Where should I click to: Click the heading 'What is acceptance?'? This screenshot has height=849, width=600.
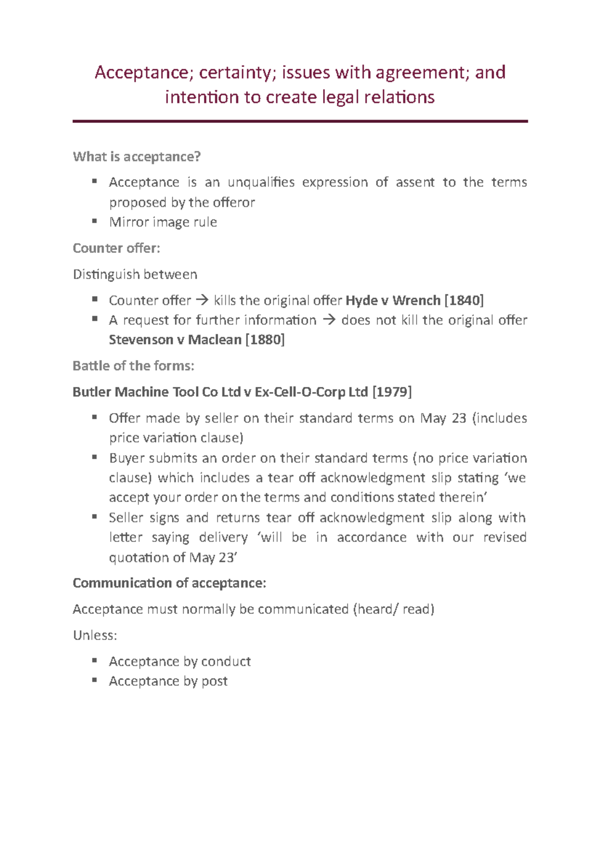136,157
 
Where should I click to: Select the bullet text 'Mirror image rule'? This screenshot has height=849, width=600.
163,222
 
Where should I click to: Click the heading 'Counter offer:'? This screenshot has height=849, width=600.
116,248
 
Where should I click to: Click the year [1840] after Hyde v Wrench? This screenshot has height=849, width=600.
463,300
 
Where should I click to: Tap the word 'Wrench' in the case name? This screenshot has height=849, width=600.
416,300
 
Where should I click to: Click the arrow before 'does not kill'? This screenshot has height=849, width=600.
328,320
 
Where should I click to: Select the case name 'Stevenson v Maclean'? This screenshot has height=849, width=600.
175,340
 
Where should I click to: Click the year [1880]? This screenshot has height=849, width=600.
265,340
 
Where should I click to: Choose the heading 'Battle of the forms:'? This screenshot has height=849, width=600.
133,366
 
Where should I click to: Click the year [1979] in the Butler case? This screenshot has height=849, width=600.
392,392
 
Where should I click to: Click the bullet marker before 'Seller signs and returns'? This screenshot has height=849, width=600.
94,517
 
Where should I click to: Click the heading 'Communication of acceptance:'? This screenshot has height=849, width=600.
169,583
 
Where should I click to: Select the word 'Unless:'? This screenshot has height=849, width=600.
95,635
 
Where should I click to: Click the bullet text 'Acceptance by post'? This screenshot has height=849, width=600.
168,681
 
